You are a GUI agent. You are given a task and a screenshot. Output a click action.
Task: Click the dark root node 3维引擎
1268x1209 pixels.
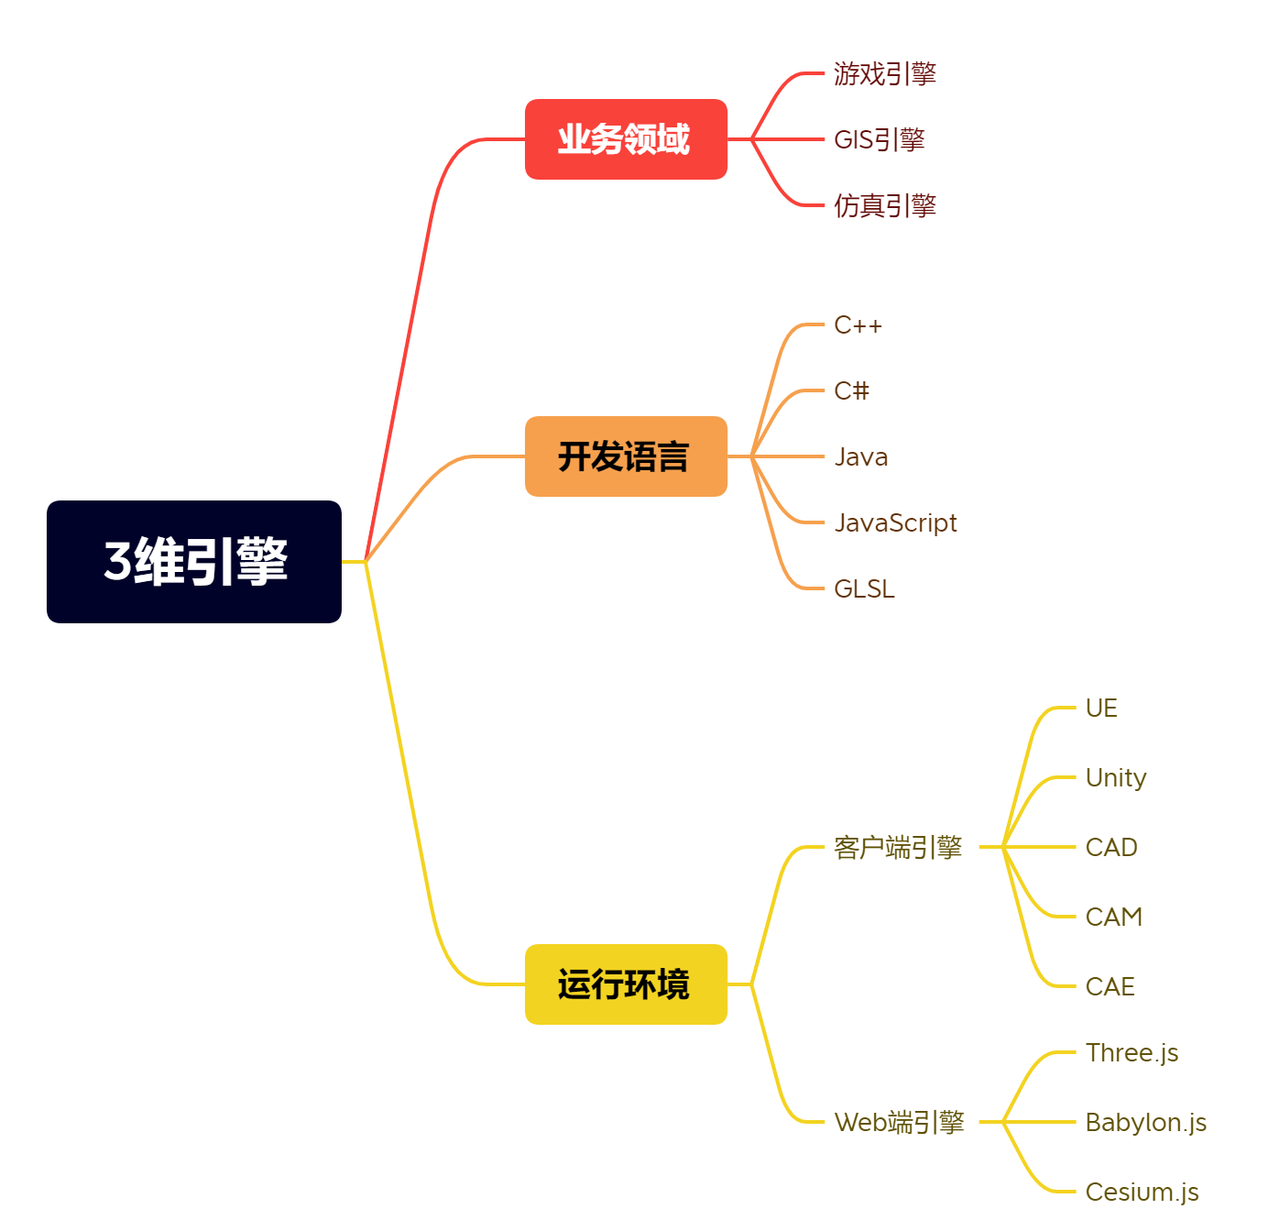(x=193, y=561)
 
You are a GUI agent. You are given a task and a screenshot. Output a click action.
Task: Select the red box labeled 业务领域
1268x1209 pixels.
(x=626, y=138)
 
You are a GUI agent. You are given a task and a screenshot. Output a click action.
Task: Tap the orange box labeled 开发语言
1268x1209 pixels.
(x=626, y=456)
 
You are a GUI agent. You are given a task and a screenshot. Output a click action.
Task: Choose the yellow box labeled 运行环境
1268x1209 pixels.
(x=626, y=984)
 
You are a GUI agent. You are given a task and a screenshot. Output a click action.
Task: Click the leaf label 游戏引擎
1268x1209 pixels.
(x=884, y=73)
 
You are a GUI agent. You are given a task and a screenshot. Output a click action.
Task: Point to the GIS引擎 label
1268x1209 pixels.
(x=880, y=139)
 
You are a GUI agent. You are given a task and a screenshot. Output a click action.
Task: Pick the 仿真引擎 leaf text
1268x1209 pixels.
(x=884, y=205)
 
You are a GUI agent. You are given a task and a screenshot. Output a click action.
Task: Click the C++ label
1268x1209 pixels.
(x=858, y=324)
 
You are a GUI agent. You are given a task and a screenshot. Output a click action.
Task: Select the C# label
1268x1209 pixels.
(x=851, y=390)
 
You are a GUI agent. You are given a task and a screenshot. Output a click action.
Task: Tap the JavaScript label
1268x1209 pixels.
(x=895, y=522)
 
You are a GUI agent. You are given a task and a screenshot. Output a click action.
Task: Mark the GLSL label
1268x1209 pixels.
(x=864, y=588)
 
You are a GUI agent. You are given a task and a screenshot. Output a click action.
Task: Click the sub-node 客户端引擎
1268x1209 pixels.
(x=898, y=847)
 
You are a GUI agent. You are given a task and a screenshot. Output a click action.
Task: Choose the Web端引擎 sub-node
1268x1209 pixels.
(x=899, y=1122)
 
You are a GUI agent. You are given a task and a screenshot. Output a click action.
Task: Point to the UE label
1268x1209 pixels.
(x=1101, y=709)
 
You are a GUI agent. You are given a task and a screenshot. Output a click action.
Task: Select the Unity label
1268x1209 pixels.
(x=1116, y=778)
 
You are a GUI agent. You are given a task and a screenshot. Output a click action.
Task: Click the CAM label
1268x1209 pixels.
(x=1113, y=917)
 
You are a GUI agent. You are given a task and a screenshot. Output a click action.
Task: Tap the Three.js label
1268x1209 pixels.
(x=1131, y=1053)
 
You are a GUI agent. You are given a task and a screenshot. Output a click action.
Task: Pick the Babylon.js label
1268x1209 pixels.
(x=1145, y=1123)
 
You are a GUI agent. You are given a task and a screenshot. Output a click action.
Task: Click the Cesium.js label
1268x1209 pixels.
(x=1142, y=1192)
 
